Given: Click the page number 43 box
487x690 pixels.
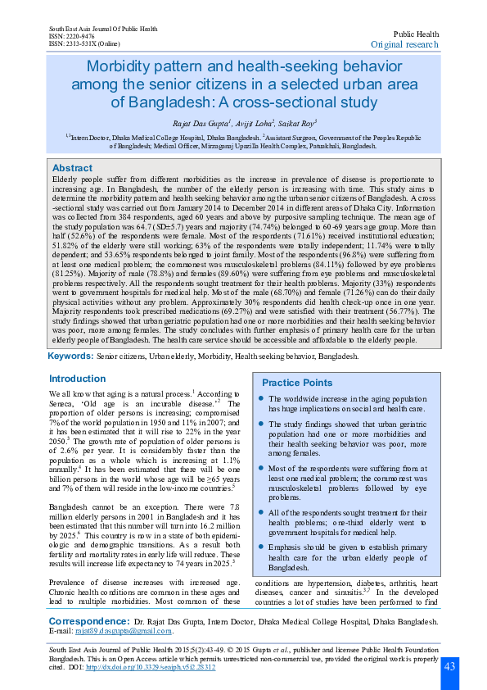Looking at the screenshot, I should click(x=449, y=667).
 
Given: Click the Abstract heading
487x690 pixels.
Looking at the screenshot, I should click(x=72, y=166).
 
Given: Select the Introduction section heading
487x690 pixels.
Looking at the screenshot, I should click(x=77, y=379).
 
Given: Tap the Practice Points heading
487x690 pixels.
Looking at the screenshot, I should click(x=297, y=384).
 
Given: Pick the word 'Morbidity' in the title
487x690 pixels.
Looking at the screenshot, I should click(x=122, y=66).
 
